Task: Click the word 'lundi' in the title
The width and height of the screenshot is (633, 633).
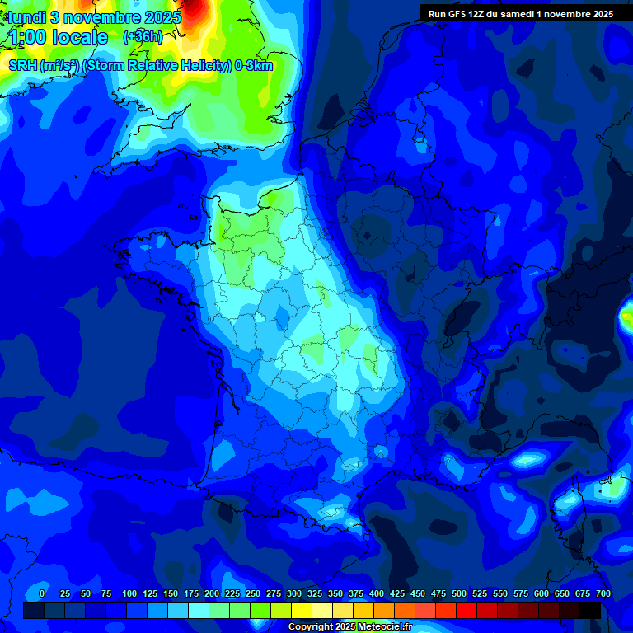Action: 24,16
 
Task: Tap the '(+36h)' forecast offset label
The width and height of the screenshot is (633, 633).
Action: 143,37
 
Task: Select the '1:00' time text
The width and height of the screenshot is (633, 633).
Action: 26,37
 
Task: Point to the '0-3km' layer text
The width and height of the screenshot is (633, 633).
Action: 254,66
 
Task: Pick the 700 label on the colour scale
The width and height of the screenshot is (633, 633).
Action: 603,593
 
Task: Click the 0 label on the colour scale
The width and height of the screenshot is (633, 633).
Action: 42,593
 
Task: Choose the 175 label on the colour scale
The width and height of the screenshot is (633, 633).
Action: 191,593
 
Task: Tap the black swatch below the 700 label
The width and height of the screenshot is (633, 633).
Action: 590,610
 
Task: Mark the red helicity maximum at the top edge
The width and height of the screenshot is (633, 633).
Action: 195,7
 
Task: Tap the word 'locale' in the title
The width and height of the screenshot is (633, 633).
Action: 80,37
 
